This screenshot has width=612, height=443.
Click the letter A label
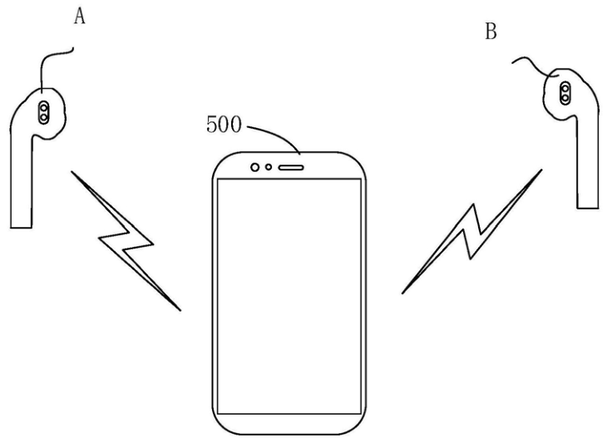coord(80,17)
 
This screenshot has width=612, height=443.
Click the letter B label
coord(491,32)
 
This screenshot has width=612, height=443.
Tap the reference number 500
coord(224,125)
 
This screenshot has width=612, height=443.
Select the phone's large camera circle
coord(255,167)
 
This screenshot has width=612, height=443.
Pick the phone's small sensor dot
coord(269,167)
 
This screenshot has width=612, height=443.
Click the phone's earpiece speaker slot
coord(291,168)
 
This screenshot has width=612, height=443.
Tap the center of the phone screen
coord(289,297)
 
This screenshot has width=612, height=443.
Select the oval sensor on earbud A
coord(44,112)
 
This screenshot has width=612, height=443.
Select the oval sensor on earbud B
coord(565,94)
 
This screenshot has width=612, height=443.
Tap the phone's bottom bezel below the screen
coord(289,424)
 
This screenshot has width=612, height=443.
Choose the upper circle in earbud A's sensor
coord(44,107)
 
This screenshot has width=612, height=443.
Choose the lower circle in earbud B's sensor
coord(565,99)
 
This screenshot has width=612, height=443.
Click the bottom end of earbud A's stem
coord(21,228)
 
